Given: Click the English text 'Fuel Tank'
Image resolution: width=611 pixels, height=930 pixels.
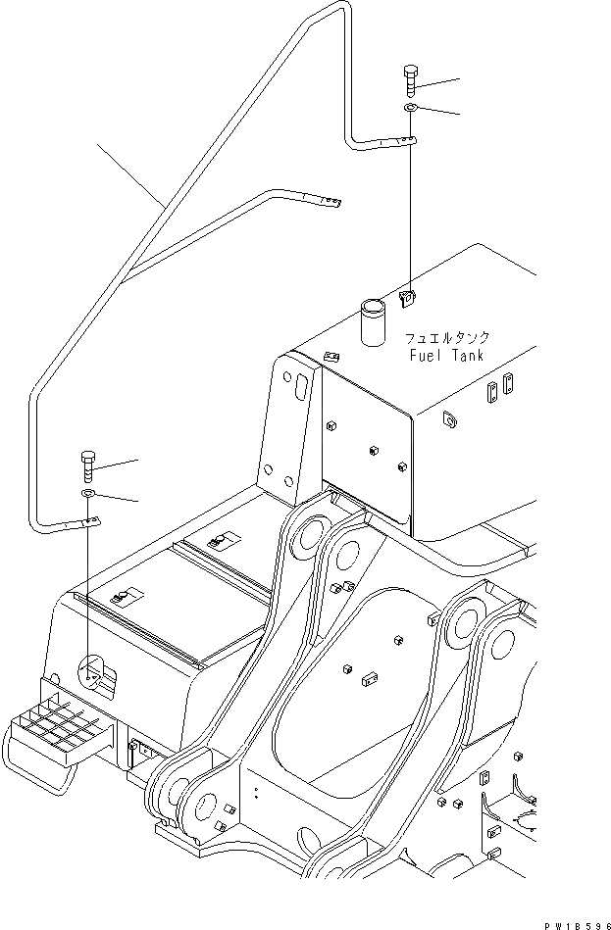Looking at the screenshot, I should click(x=445, y=356).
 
